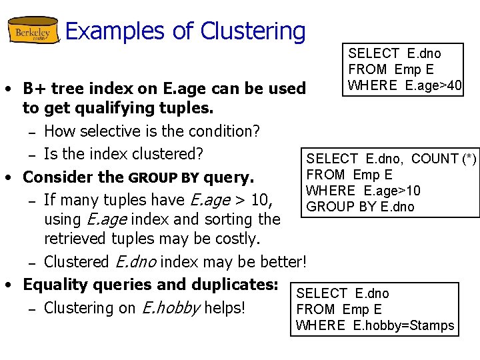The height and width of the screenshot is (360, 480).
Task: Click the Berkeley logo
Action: tap(33, 31)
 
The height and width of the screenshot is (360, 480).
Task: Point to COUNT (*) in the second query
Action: tap(444, 159)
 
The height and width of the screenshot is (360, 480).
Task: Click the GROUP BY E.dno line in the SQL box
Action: tap(360, 207)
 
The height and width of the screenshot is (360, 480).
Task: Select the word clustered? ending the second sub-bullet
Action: tap(169, 154)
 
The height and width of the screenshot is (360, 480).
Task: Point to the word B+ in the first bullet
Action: tap(31, 89)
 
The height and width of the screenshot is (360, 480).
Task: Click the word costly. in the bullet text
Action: tap(237, 238)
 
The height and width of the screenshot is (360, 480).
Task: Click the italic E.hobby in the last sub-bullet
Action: tap(164, 308)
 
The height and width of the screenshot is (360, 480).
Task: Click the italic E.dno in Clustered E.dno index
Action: tap(135, 261)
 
